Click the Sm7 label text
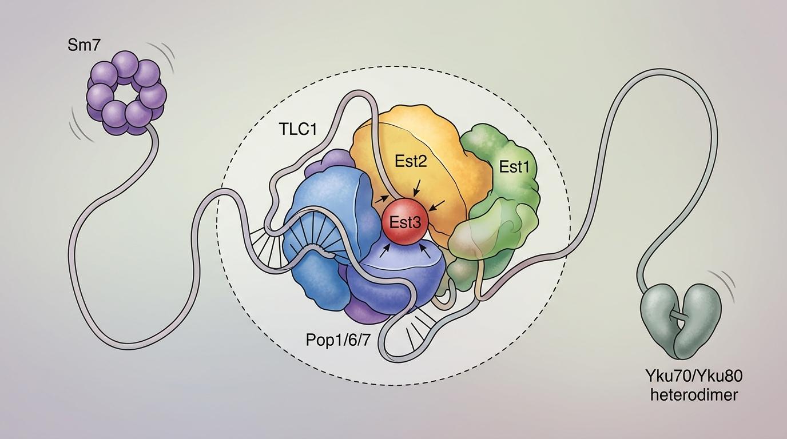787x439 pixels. pos(84,46)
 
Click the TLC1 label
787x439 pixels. pos(298,129)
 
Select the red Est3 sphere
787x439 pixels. pos(405,222)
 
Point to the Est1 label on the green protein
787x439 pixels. pos(514,167)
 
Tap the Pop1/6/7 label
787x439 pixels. pos(338,340)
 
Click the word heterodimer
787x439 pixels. pos(694,396)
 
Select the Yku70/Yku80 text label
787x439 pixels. pos(694,377)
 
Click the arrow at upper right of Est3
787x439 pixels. pos(438,205)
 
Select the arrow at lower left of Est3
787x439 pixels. pos(385,251)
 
